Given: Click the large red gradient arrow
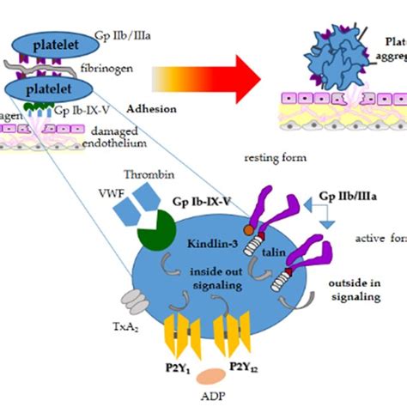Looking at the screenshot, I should click(206, 84).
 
